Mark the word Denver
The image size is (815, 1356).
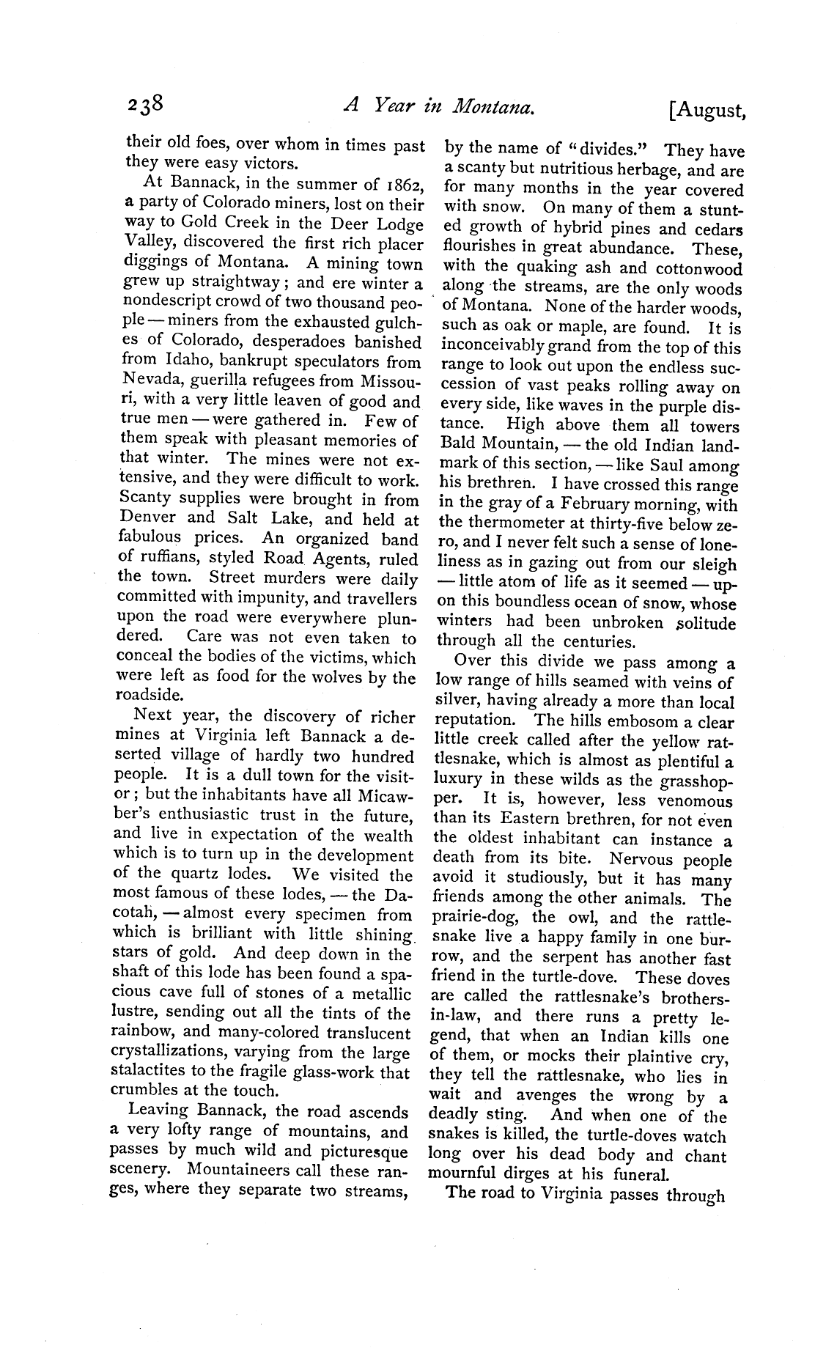150,519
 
